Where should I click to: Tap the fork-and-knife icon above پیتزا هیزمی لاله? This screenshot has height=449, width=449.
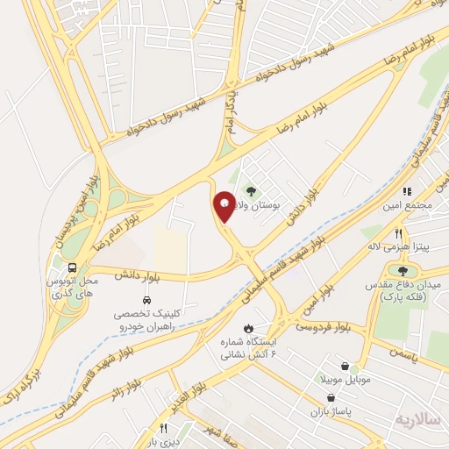tap(399, 234)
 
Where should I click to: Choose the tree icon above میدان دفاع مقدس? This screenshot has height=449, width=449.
tap(403, 270)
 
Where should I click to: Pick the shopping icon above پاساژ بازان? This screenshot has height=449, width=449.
tap(329, 396)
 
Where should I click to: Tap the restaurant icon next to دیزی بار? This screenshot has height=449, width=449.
tap(162, 429)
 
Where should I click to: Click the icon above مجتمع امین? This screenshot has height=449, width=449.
tap(407, 191)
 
